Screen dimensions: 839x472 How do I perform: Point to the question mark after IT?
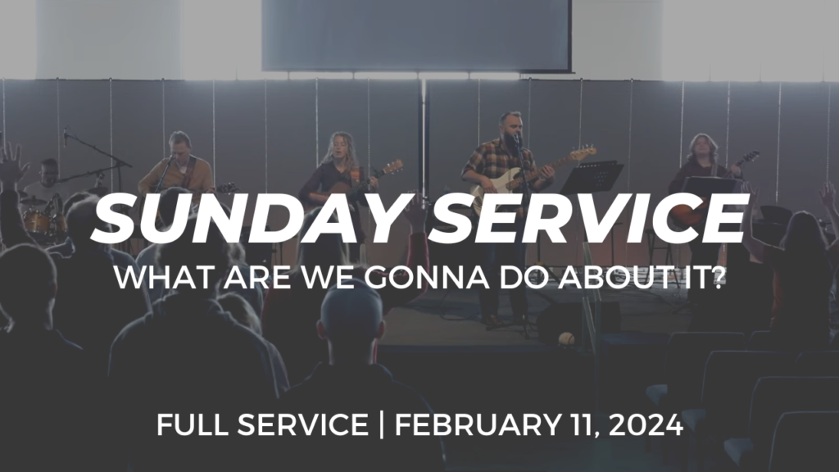(719, 277)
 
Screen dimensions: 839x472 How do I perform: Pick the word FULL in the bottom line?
(193, 425)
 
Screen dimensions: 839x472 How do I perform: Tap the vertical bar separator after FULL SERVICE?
(381, 425)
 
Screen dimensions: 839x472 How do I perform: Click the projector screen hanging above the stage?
(416, 35)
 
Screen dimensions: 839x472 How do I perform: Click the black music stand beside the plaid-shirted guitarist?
(593, 178)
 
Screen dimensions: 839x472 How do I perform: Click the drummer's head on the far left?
(48, 171)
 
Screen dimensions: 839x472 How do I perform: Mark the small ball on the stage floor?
(566, 338)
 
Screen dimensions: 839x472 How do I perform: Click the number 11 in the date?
(578, 425)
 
